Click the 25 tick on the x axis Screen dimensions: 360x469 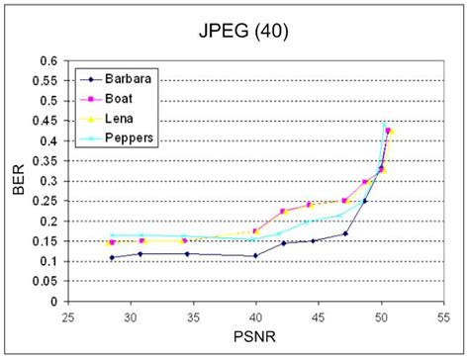(67, 316)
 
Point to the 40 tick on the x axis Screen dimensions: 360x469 (255, 316)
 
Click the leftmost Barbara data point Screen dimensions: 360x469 (112, 258)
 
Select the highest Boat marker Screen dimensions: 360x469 (389, 131)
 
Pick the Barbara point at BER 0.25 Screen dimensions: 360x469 (365, 201)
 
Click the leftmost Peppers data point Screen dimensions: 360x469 (112, 235)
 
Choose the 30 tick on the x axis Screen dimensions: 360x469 (130, 316)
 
